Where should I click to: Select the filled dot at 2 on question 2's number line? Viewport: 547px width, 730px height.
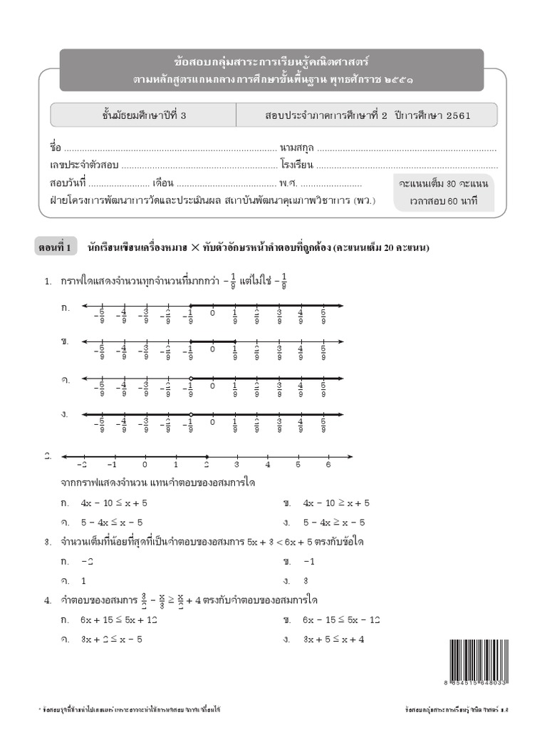point(207,456)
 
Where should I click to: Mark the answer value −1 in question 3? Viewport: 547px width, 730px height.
point(308,562)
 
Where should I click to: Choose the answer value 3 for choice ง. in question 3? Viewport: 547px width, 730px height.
point(306,580)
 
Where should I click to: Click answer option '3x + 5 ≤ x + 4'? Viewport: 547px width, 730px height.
point(333,639)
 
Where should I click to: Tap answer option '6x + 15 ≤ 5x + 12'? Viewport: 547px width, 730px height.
point(119,620)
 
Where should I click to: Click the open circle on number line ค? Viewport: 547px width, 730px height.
point(191,379)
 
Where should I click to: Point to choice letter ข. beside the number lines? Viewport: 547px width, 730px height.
point(66,343)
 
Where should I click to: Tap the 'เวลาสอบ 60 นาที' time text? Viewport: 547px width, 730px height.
point(443,200)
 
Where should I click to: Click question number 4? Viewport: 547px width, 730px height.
point(47,601)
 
